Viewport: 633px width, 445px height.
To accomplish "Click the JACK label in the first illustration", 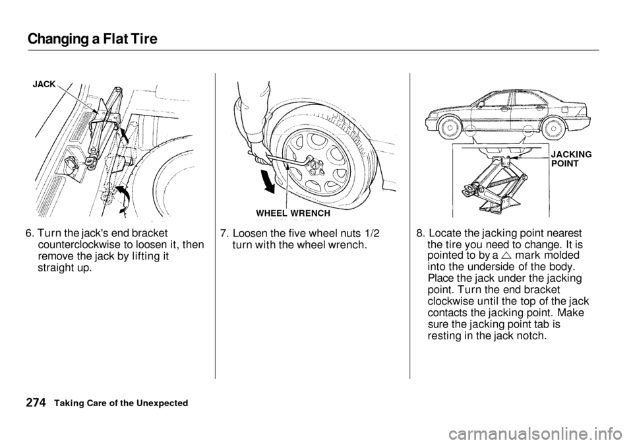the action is point(44,85).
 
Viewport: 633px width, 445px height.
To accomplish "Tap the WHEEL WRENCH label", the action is point(293,213).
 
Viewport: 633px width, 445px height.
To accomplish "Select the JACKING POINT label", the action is point(571,159).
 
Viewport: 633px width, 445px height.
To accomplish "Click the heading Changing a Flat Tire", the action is point(92,38).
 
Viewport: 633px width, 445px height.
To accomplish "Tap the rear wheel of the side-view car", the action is point(553,129).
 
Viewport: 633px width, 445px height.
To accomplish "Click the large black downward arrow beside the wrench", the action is point(267,182).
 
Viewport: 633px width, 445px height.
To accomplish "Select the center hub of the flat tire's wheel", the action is point(315,164).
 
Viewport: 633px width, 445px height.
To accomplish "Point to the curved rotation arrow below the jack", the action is point(123,199).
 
